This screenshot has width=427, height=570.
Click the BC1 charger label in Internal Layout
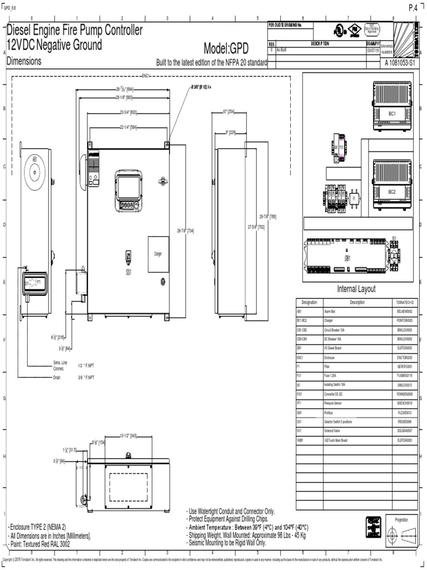(392, 113)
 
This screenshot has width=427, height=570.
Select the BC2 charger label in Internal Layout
(392, 191)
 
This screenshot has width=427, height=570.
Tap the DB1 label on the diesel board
(347, 258)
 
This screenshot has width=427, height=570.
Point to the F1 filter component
(354, 197)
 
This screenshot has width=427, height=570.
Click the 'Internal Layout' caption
(356, 289)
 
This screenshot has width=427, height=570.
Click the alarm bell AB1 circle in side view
(35, 172)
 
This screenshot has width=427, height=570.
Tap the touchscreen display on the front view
(128, 184)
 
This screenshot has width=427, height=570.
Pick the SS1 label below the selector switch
(128, 273)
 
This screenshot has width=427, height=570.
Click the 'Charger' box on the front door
(158, 254)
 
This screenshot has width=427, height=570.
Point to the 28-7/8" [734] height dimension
(185, 230)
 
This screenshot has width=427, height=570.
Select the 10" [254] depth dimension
(228, 112)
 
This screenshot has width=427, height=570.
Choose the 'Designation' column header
(309, 302)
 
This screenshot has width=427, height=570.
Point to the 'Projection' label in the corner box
(401, 519)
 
